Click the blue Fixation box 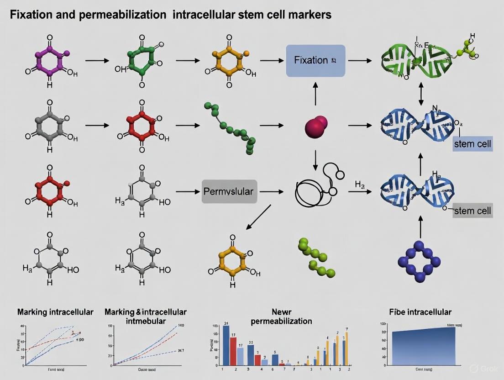tap(315, 60)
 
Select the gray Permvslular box tap(228, 191)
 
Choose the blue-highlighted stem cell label tap(472, 145)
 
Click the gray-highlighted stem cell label tap(472, 211)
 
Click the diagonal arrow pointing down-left tap(259, 216)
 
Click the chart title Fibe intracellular tap(420, 312)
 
